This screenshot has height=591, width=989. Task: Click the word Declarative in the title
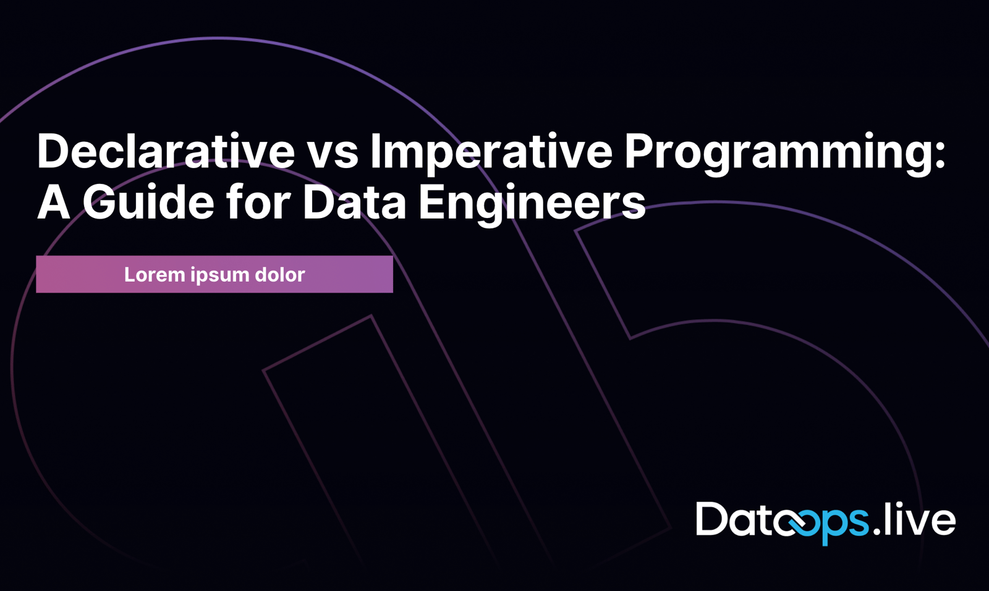(x=166, y=151)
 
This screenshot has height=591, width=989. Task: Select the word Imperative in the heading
(x=491, y=151)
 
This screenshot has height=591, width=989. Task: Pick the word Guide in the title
(x=148, y=202)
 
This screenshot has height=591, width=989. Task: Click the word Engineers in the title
(x=532, y=203)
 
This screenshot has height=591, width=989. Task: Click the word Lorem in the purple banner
(x=155, y=275)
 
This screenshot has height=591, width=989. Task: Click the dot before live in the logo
(x=877, y=531)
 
